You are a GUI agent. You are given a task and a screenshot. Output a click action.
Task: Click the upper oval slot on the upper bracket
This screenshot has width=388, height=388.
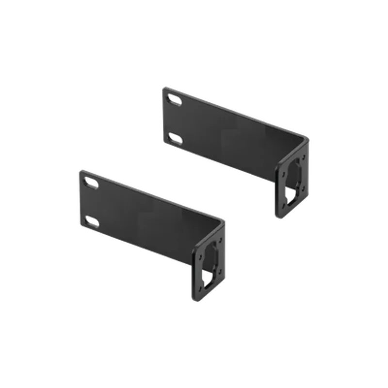(x=174, y=99)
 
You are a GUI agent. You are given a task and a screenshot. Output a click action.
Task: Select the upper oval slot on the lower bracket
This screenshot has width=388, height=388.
(x=91, y=182)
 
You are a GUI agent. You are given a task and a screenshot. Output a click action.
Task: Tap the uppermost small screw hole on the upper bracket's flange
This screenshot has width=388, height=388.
(x=304, y=157)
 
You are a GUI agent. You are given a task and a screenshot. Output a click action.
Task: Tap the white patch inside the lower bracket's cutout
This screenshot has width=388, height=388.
(x=207, y=278)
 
